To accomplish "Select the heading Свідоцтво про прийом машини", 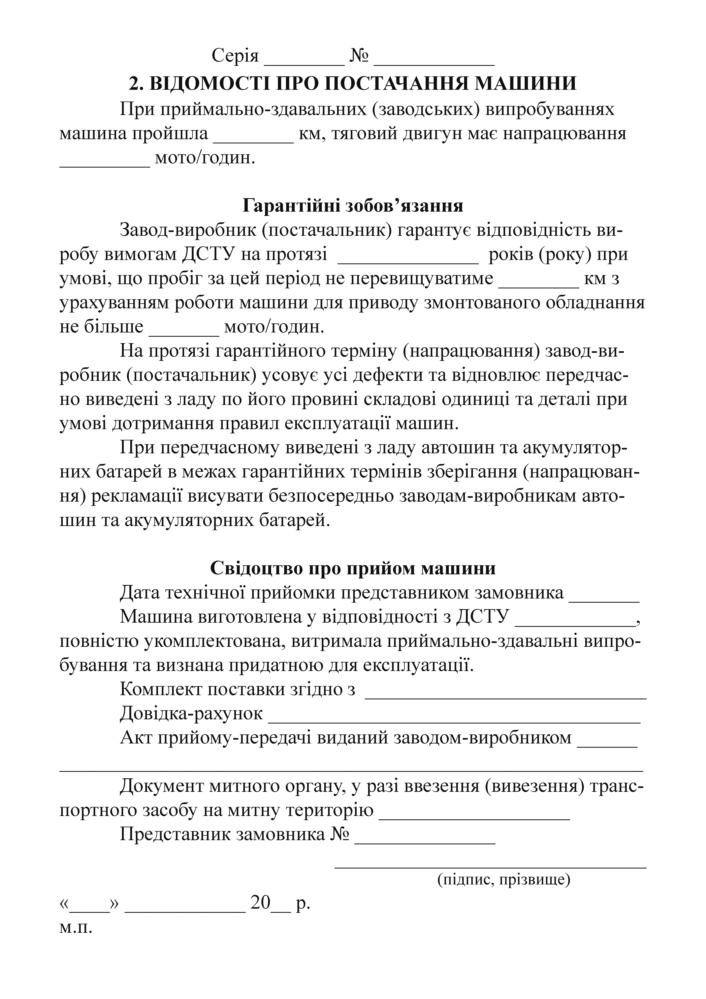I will click(353, 568).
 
